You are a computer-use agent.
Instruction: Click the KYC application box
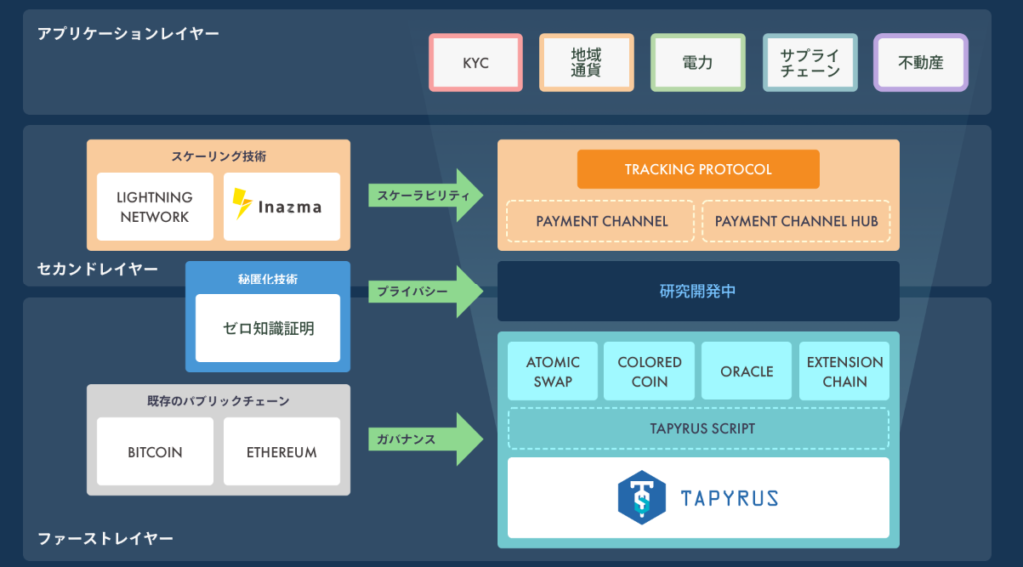pyautogui.click(x=476, y=63)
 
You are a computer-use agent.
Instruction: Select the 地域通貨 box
pyautogui.click(x=586, y=63)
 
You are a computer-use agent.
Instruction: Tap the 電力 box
pyautogui.click(x=697, y=63)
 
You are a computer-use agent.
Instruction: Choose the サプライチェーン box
pyautogui.click(x=809, y=63)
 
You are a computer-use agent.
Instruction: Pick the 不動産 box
pyautogui.click(x=920, y=63)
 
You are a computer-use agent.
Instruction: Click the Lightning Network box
pyautogui.click(x=155, y=207)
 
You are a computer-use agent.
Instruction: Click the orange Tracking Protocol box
pyautogui.click(x=698, y=169)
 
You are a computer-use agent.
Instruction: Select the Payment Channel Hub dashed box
pyautogui.click(x=796, y=221)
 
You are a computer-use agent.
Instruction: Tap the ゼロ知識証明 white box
pyautogui.click(x=268, y=328)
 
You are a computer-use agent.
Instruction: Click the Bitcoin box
pyautogui.click(x=155, y=452)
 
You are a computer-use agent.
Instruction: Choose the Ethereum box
pyautogui.click(x=282, y=452)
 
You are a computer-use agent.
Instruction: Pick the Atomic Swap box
pyautogui.click(x=552, y=371)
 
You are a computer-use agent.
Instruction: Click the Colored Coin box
pyautogui.click(x=649, y=371)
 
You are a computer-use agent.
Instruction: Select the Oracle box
pyautogui.click(x=747, y=371)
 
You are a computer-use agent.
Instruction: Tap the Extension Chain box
pyautogui.click(x=844, y=371)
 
